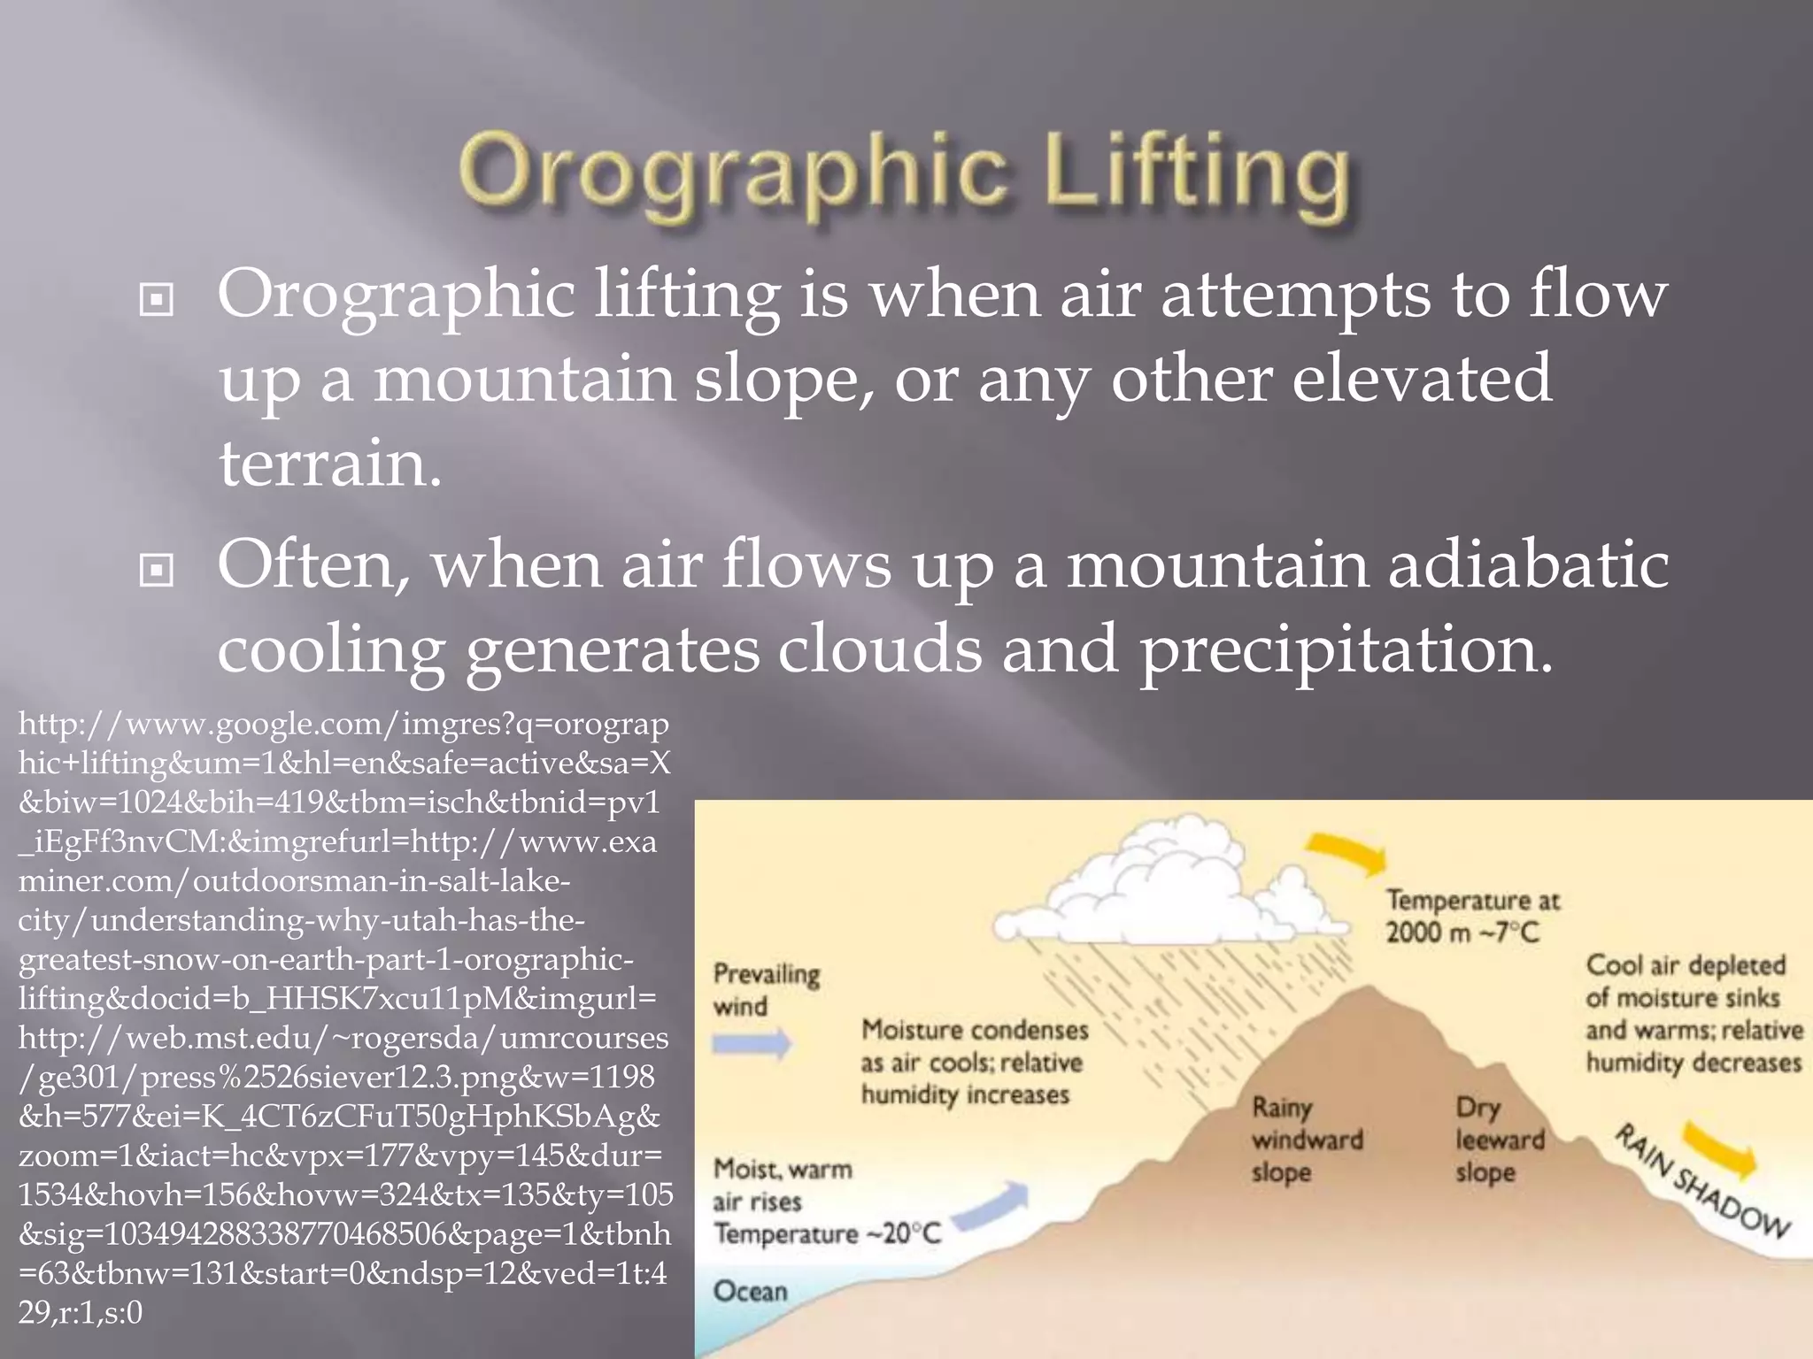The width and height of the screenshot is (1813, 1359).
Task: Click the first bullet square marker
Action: click(157, 301)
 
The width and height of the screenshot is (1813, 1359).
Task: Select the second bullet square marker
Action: click(157, 571)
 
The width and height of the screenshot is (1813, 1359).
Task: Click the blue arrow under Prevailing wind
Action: click(752, 1045)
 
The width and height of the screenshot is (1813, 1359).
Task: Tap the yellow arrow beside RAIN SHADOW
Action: click(1722, 1149)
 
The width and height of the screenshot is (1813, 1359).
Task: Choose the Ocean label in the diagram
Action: click(750, 1292)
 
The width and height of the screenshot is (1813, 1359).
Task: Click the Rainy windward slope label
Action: click(1306, 1140)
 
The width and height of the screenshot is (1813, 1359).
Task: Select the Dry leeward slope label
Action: click(1499, 1140)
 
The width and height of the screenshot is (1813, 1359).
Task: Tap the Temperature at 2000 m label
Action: click(1472, 916)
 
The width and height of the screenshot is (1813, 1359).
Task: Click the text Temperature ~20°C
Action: click(827, 1234)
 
